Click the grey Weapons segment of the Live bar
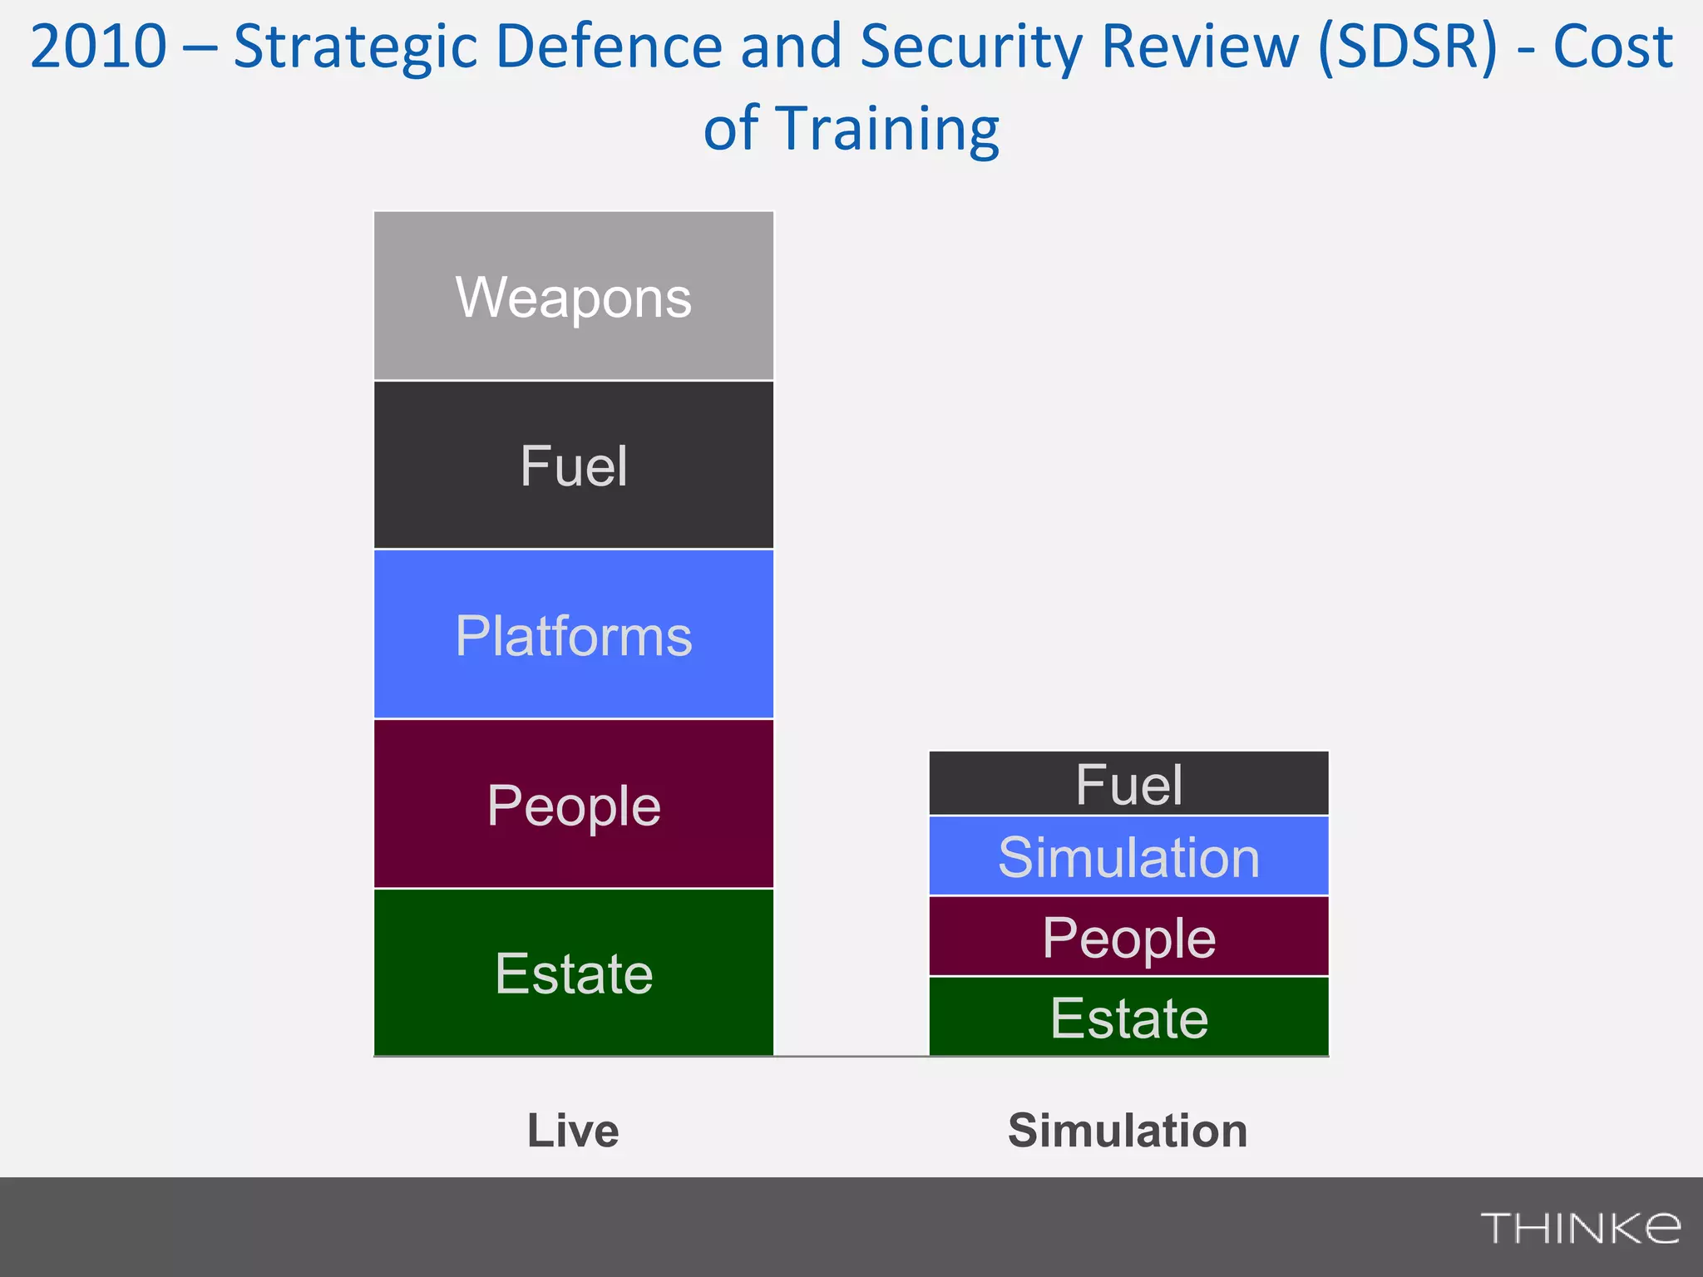pyautogui.click(x=574, y=296)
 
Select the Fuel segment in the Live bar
pyautogui.click(x=574, y=466)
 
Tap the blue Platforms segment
pyautogui.click(x=574, y=635)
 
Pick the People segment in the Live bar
pyautogui.click(x=574, y=805)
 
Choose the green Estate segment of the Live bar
pyautogui.click(x=574, y=973)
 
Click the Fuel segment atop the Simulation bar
pyautogui.click(x=1128, y=784)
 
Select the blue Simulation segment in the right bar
pyautogui.click(x=1128, y=856)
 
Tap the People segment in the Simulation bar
pyautogui.click(x=1128, y=937)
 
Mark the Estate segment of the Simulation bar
pyautogui.click(x=1128, y=1017)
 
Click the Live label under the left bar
pyautogui.click(x=573, y=1131)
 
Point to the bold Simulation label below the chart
pyautogui.click(x=1128, y=1131)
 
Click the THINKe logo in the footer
pyautogui.click(x=1580, y=1228)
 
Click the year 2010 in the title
pyautogui.click(x=98, y=47)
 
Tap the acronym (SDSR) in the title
pyautogui.click(x=1408, y=47)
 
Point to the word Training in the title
pyautogui.click(x=887, y=130)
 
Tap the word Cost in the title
pyautogui.click(x=1612, y=47)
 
